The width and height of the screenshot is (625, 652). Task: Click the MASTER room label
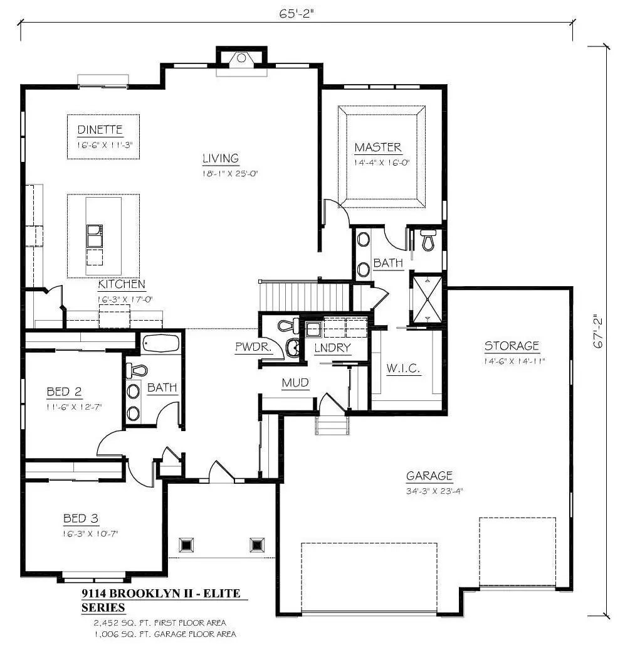tap(378, 147)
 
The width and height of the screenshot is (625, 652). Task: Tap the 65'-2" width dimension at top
tap(296, 14)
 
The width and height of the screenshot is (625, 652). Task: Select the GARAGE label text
tap(429, 476)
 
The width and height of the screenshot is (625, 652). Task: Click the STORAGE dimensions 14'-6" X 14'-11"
tap(515, 361)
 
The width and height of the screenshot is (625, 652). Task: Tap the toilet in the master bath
tap(429, 240)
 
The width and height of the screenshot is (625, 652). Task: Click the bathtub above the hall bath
tap(160, 343)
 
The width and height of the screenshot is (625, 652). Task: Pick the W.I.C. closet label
tap(403, 368)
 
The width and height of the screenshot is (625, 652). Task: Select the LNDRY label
tap(333, 348)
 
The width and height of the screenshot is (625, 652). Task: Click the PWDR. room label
tap(253, 346)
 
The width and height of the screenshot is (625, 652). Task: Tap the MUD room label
tap(295, 383)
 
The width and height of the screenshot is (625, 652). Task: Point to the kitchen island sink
tap(95, 236)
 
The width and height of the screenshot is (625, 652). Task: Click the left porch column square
tap(186, 545)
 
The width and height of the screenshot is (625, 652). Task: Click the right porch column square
tap(258, 545)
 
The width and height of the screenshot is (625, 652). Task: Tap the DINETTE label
tap(100, 130)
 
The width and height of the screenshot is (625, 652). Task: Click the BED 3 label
tap(81, 518)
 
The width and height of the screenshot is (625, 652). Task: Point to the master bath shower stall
tap(427, 299)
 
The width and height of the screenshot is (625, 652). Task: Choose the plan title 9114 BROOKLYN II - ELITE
tap(161, 594)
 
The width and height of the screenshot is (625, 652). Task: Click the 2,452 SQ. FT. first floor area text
tap(160, 623)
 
